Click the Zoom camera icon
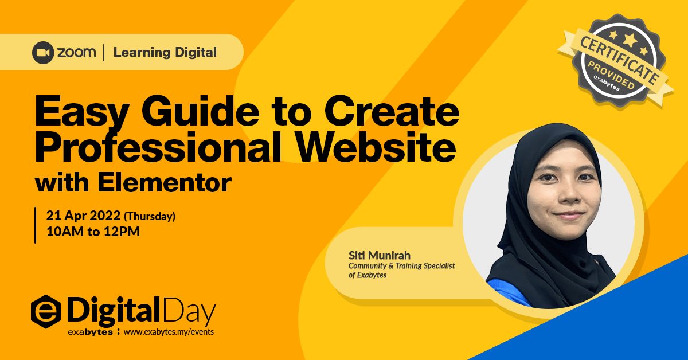click(44, 53)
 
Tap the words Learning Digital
click(165, 53)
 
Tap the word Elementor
click(165, 183)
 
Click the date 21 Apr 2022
click(83, 216)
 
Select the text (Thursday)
click(150, 217)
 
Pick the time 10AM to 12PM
click(93, 233)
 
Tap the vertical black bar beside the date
click(36, 225)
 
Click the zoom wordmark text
click(76, 53)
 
